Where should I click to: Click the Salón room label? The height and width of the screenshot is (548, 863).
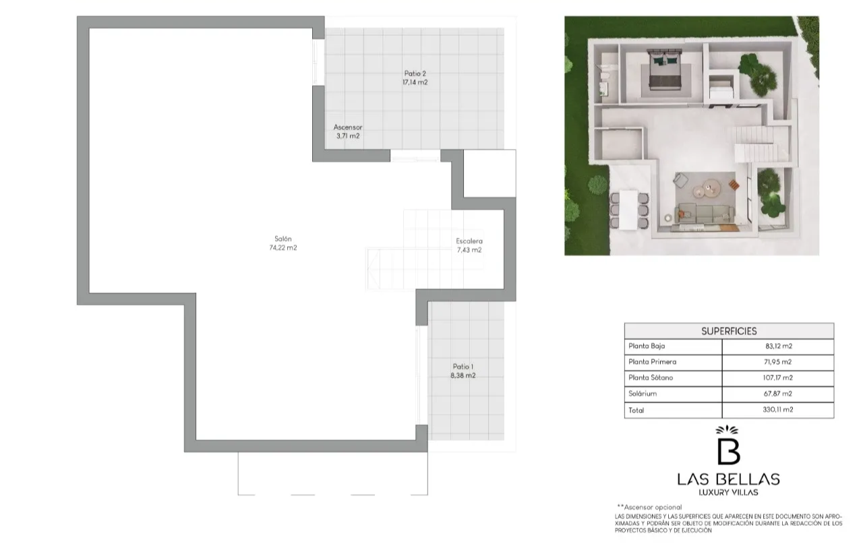282,239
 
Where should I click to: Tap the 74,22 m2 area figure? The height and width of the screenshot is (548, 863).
282,247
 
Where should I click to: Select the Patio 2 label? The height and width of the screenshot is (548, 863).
415,73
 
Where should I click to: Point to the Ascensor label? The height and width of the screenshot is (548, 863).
347,127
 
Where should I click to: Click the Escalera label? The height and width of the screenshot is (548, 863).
469,241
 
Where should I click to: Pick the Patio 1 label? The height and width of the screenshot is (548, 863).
463,366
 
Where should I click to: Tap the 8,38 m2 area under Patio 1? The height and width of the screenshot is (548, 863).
463,375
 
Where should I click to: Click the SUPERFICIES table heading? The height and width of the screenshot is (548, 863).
729,331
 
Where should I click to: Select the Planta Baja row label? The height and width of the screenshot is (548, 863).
647,346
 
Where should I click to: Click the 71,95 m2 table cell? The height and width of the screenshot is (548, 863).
778,361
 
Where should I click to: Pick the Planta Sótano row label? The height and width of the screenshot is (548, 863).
651,377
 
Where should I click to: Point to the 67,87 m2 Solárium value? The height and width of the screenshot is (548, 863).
778,394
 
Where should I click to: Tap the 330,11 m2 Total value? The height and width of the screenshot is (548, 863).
778,409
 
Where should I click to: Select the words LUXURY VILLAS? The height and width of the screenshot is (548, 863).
728,492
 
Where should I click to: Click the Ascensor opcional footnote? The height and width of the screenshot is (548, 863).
649,507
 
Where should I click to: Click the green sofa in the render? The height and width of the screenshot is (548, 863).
704,214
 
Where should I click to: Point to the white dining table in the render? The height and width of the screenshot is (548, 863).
629,210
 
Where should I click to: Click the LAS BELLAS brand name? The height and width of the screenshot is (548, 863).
728,479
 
